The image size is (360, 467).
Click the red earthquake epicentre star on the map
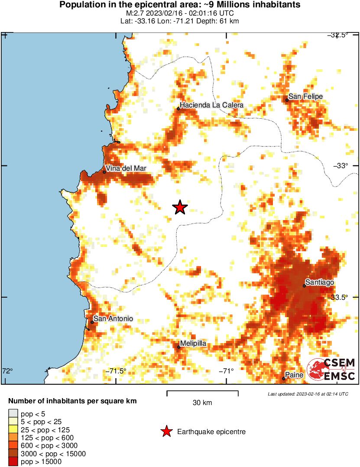(x=180, y=208)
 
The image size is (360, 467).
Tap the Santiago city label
(x=319, y=282)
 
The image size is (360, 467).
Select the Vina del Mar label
(x=126, y=168)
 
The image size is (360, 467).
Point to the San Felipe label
(x=305, y=97)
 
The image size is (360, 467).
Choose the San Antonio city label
(x=114, y=319)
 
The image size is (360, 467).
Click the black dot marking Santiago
(x=305, y=285)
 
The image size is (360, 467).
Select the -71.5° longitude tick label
(x=117, y=371)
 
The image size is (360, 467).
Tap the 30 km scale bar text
(x=202, y=402)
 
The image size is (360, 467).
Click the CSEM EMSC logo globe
(x=315, y=370)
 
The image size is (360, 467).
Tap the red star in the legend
(x=166, y=431)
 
